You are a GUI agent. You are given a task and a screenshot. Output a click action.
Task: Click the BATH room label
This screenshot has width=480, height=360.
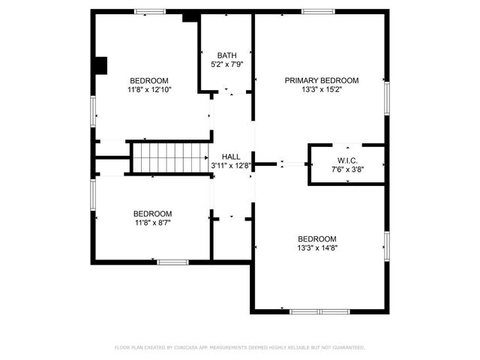226,55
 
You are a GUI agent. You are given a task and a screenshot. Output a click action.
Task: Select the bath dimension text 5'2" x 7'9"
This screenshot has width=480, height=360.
226,64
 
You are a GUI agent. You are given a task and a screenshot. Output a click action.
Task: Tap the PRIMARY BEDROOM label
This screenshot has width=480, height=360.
321,80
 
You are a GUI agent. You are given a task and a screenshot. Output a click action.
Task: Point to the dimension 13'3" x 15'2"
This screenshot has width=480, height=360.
321,90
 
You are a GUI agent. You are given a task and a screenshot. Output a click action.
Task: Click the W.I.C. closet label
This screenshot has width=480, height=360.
346,160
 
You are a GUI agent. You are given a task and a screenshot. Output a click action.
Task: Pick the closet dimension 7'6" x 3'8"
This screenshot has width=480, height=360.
346,169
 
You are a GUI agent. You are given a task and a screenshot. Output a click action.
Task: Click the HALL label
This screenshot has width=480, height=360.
231,155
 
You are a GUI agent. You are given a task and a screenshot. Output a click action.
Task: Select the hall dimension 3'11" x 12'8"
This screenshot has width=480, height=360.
231,165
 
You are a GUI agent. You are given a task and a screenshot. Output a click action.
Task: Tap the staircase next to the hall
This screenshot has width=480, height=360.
170,157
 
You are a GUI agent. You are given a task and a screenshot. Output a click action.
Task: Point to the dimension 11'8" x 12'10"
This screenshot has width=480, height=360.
149,90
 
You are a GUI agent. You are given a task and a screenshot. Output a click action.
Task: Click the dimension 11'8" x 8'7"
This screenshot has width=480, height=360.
153,223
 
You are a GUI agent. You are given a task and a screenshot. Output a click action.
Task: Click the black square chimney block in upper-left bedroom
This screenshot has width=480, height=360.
100,66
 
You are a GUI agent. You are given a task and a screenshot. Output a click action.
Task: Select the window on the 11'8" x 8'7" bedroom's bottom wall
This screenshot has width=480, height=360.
172,262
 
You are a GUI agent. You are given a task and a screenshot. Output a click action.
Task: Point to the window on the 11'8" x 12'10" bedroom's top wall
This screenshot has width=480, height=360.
150,10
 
